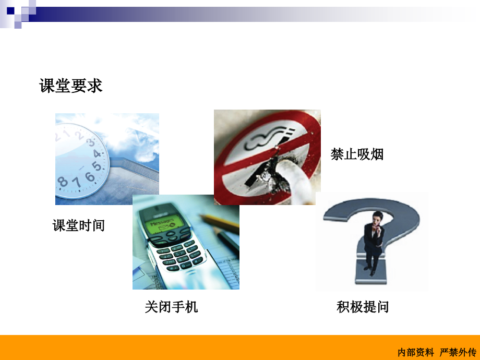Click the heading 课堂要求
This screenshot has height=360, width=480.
click(x=71, y=86)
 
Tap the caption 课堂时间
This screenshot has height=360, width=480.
click(x=78, y=225)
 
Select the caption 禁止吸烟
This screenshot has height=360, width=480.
click(x=357, y=154)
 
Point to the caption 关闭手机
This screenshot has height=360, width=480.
click(x=171, y=307)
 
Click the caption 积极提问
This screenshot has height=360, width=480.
click(x=363, y=307)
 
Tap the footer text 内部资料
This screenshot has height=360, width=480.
click(x=415, y=352)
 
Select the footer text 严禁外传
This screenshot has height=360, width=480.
click(x=458, y=352)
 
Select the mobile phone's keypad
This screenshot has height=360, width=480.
click(x=179, y=254)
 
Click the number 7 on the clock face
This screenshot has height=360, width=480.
click(x=76, y=182)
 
